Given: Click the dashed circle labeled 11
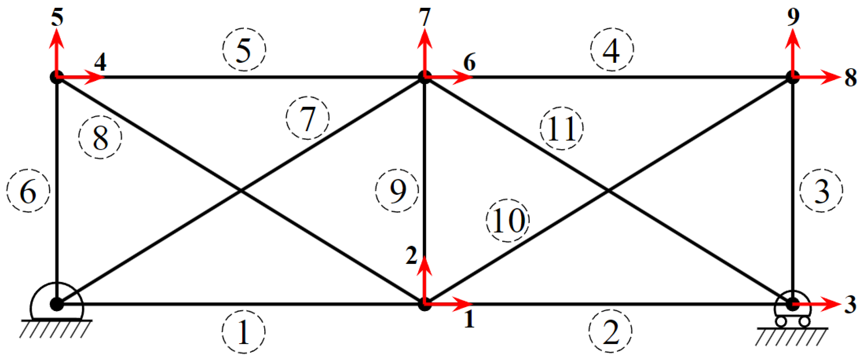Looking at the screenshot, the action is click(561, 128).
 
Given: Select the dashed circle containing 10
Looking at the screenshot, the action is click(508, 220).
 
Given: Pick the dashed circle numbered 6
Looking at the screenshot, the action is click(28, 190).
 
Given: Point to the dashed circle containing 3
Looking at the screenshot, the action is click(821, 190).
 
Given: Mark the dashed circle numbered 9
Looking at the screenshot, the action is click(397, 190).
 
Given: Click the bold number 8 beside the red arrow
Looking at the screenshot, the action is click(851, 78).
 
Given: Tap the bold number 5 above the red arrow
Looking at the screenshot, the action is click(57, 17).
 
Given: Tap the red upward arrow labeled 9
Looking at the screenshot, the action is click(793, 50).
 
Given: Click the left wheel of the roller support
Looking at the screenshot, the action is click(781, 322).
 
